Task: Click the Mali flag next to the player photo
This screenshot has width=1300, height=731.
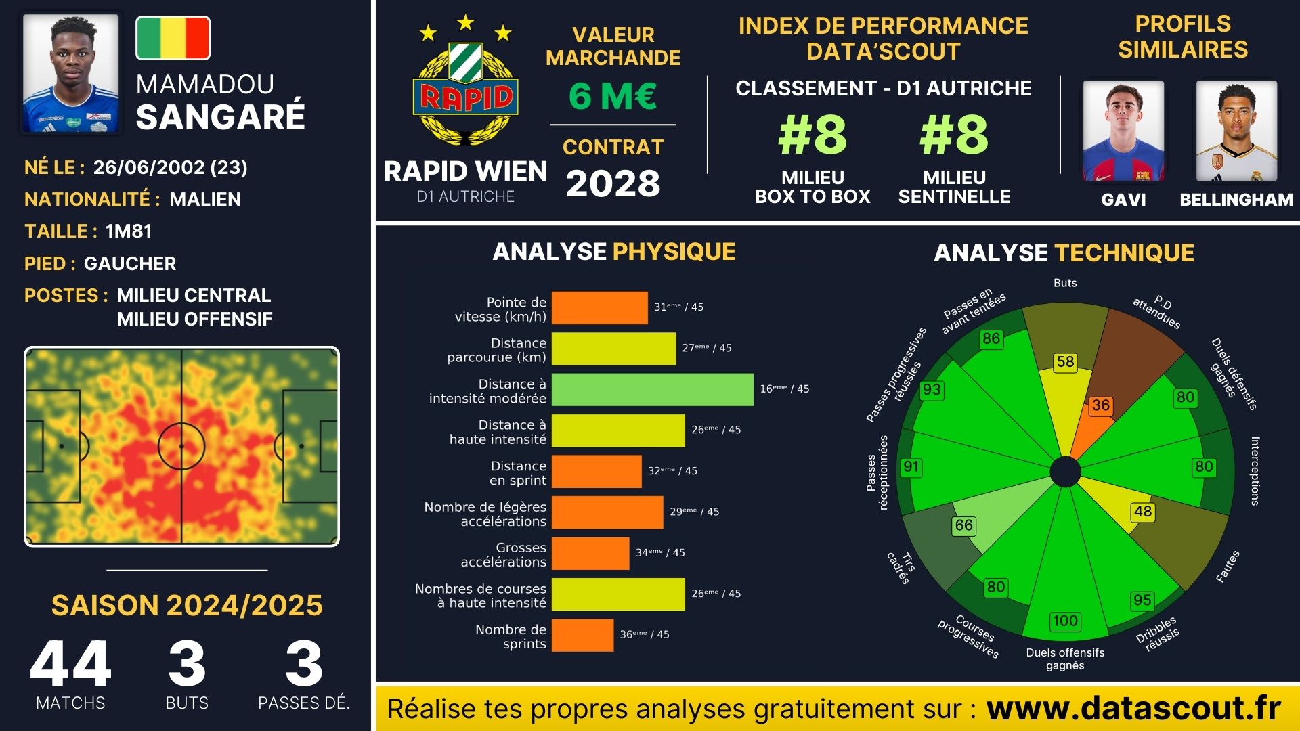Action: click(x=173, y=38)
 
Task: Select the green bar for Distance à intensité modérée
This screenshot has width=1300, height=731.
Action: click(x=652, y=389)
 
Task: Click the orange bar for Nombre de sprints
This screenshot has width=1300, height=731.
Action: click(x=582, y=635)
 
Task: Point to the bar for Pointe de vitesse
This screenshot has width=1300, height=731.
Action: click(x=599, y=307)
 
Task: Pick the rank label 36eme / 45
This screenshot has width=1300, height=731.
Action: click(x=645, y=634)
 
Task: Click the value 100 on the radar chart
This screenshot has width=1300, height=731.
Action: click(x=1065, y=621)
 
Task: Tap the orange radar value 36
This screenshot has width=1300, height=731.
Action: click(x=1101, y=405)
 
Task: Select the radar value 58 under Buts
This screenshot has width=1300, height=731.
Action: click(x=1065, y=362)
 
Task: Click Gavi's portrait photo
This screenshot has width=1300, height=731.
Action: click(x=1123, y=131)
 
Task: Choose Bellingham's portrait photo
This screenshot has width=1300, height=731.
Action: click(x=1236, y=131)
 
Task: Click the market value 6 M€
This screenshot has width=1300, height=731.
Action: click(x=613, y=95)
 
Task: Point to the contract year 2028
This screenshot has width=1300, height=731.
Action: click(x=613, y=183)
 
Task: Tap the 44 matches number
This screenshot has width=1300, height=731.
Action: click(x=70, y=664)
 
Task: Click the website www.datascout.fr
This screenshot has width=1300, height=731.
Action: click(x=1133, y=709)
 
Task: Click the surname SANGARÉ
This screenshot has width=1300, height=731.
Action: click(x=221, y=116)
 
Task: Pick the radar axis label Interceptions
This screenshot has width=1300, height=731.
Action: click(x=1255, y=471)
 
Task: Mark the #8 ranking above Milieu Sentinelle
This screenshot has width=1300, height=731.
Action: click(x=954, y=135)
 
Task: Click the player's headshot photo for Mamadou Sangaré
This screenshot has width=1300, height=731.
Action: click(x=71, y=74)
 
